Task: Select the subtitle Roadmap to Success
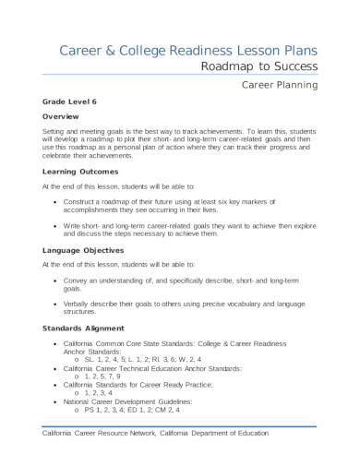pos(260,66)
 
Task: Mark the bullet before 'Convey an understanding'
pos(59,278)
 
